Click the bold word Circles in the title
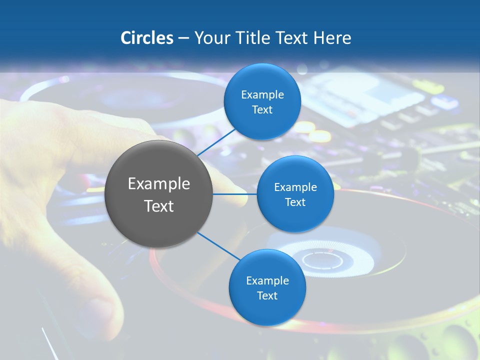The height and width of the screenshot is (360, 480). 146,38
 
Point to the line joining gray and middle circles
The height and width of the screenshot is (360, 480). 234,194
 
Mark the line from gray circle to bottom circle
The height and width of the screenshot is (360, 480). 218,246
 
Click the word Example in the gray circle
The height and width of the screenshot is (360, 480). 158,184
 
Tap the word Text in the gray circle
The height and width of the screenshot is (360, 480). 158,206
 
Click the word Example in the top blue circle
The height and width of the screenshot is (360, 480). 262,94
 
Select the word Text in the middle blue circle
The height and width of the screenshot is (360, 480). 295,202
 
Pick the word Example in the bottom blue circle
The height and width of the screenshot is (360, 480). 267,280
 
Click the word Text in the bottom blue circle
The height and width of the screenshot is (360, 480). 267,295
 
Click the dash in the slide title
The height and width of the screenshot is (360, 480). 183,38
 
